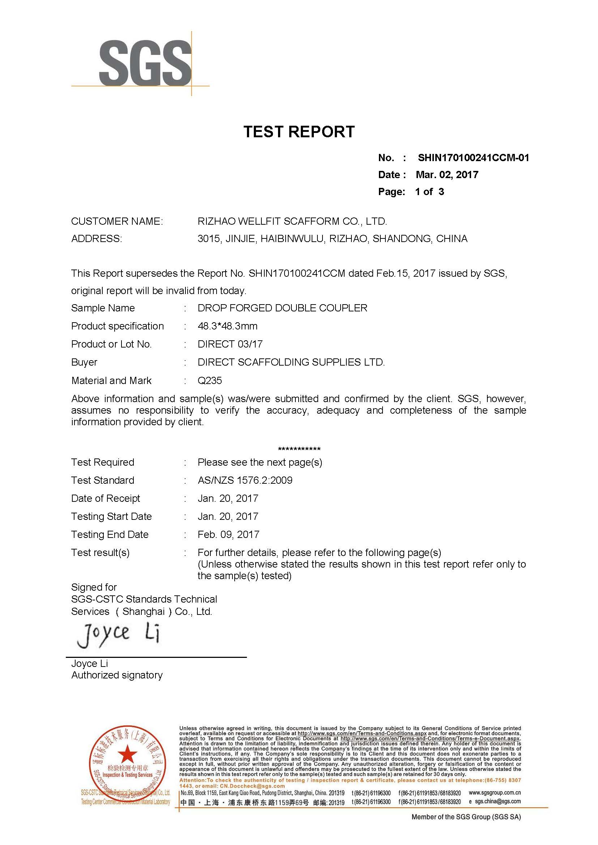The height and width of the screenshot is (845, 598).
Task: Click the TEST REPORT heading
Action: coord(299,132)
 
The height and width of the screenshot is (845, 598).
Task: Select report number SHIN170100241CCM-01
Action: coord(473,158)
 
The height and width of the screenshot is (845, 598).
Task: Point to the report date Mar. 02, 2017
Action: coord(447,175)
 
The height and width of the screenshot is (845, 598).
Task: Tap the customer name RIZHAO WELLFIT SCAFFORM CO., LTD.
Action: coord(292,221)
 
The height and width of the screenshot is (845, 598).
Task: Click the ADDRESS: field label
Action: coord(97,239)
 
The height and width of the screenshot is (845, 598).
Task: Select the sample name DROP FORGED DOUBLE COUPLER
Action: coord(282,308)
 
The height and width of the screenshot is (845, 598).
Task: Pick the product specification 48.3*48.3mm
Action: coord(227,326)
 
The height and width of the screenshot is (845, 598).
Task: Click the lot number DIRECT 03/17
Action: coord(230,344)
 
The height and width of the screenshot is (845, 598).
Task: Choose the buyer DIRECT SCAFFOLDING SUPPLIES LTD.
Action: coord(291,362)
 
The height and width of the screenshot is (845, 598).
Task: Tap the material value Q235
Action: coord(210,380)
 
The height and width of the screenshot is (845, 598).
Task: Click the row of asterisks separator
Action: coord(299,449)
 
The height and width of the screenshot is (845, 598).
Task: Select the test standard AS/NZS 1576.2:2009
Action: coord(245,480)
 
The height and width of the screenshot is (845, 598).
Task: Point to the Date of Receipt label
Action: coord(106,498)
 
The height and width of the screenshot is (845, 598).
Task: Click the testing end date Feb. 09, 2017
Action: coord(228,534)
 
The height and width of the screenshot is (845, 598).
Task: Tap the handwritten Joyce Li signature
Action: coord(118,634)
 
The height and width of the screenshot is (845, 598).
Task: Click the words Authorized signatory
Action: coord(117,675)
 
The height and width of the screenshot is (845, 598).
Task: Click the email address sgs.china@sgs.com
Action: coord(497,801)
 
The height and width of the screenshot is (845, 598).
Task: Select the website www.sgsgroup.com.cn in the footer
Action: coord(495,792)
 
